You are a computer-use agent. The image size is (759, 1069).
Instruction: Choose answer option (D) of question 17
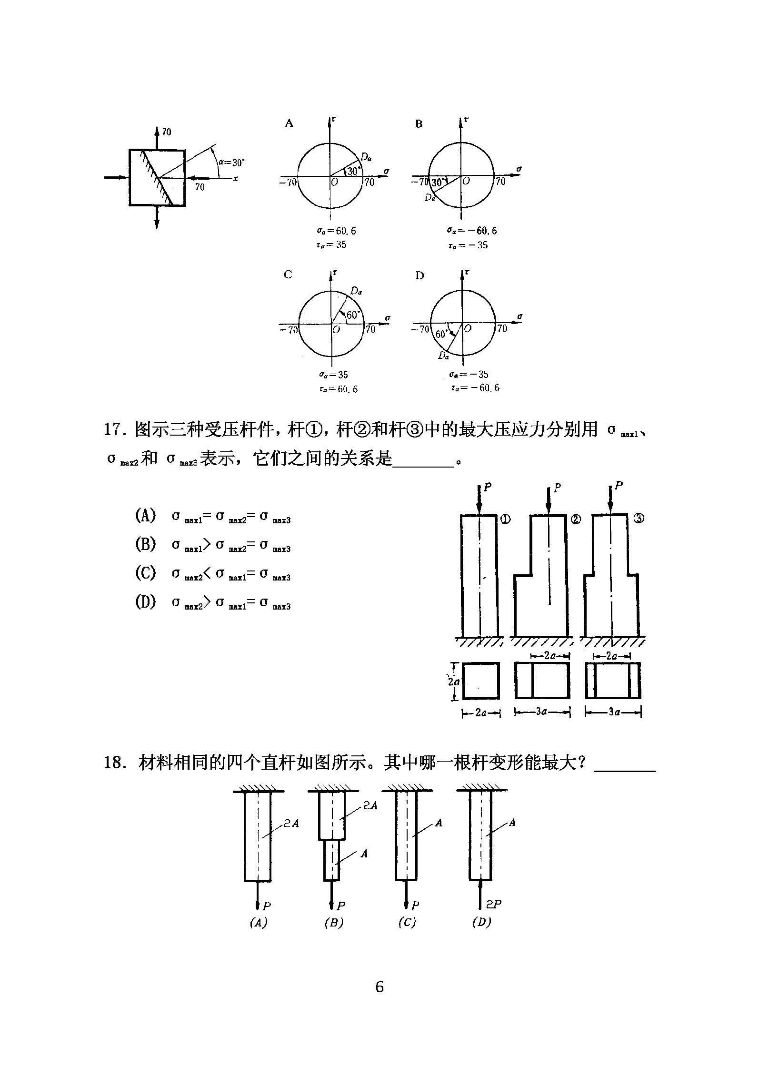145,602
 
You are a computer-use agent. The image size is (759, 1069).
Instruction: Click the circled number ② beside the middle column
576,519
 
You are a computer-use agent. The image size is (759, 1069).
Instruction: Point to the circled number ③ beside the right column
639,519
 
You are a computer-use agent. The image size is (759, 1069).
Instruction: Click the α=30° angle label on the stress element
231,163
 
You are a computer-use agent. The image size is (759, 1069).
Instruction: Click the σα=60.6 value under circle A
337,231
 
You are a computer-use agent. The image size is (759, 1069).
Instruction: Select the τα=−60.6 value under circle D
475,388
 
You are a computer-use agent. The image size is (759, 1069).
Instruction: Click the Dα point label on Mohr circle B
430,197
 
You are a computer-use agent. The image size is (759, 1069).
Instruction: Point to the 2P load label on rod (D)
494,904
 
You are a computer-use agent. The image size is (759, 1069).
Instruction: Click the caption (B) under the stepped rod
333,923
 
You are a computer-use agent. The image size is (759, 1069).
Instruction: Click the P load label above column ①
488,487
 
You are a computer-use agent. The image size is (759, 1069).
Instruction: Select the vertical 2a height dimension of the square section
454,682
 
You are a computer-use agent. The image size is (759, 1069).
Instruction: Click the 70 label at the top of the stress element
167,132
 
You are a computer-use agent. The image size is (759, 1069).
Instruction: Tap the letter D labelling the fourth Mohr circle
419,275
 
